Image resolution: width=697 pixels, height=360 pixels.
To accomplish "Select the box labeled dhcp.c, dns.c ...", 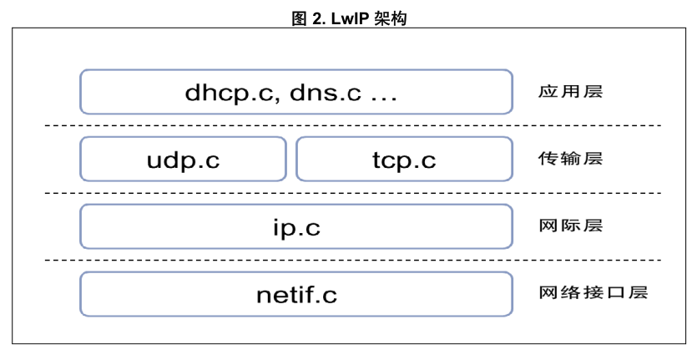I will tap(296, 92).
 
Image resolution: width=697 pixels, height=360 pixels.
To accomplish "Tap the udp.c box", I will tap(183, 160).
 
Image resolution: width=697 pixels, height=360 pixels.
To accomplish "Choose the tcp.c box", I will tap(404, 160).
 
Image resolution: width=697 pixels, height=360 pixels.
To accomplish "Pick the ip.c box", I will tap(296, 226).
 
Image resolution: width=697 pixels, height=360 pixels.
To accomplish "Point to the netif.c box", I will tap(296, 294).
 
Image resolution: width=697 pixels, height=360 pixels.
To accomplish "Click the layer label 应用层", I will tap(571, 92).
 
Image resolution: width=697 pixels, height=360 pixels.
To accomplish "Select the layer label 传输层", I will tap(571, 159).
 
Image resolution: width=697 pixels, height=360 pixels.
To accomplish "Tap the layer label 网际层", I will tap(571, 226).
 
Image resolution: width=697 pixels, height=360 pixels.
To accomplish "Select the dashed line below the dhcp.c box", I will tap(351, 126).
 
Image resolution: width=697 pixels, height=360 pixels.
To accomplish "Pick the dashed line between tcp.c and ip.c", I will tap(351, 193).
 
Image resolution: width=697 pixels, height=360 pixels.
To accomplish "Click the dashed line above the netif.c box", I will tap(351, 261).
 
